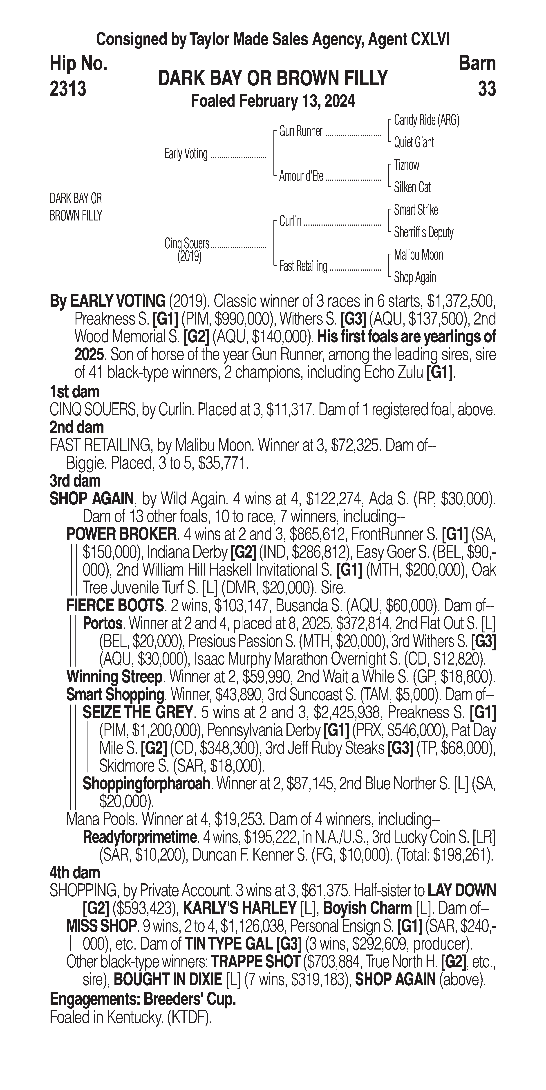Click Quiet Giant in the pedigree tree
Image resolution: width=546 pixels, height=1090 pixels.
click(414, 143)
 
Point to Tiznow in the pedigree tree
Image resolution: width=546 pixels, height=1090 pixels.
click(406, 165)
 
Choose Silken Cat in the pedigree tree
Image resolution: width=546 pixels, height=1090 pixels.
click(412, 187)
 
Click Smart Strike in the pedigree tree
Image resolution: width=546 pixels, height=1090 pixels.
click(416, 210)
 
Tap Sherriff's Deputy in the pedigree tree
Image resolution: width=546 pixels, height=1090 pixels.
click(423, 232)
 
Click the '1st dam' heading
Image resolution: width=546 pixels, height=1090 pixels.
click(74, 392)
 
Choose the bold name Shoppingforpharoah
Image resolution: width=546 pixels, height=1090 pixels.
click(146, 784)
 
